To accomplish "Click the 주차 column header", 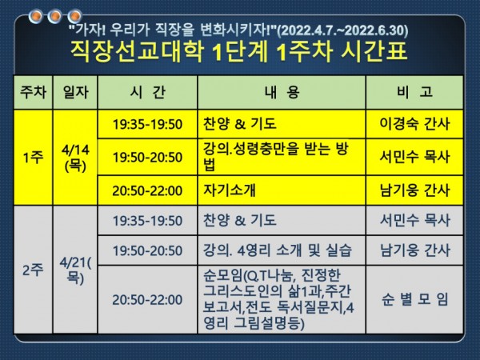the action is coord(33,92).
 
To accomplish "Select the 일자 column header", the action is coord(75,92).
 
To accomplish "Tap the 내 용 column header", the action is coord(282,92).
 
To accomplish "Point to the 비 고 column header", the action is coord(414,92).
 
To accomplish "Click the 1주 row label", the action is coord(33,158).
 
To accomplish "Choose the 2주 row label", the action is coord(33,270).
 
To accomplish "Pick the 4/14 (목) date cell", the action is coord(75,158).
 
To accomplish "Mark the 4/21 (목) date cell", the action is coord(75,270).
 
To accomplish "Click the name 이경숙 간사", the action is coord(414,124).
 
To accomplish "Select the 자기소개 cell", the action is coord(230,190).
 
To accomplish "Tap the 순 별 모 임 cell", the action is coord(414,299).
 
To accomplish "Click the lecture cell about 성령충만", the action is coord(276,157).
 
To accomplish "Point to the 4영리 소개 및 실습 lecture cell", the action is coord(278,250).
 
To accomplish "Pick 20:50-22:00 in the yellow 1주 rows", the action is coord(147,190).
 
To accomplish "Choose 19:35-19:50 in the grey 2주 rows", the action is coord(147,221).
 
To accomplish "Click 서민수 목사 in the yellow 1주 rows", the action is coord(414,157).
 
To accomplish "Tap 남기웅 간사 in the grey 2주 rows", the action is coord(414,250).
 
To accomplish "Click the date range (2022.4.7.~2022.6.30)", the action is coord(342,30).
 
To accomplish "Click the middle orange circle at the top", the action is coord(55,16).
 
